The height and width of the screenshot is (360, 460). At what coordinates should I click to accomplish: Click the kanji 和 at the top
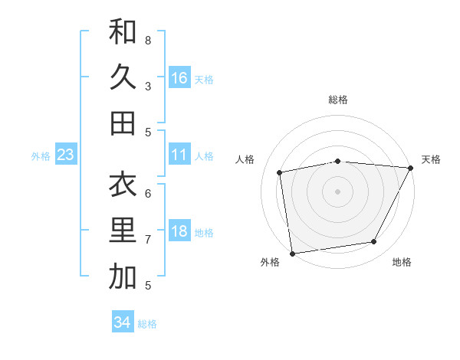pos(123,33)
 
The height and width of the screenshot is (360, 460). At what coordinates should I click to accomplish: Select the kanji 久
pos(123,77)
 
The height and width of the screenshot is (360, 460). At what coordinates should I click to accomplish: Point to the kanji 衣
pos(123,186)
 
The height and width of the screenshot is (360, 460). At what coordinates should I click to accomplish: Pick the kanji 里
pos(123,231)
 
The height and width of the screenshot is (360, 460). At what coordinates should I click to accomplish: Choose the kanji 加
pos(123,277)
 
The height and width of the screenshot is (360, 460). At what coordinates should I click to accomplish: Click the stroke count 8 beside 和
pos(148,39)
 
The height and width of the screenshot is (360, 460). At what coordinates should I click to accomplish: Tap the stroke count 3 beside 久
pos(148,86)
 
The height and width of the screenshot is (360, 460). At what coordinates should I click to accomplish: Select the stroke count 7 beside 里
pos(148,240)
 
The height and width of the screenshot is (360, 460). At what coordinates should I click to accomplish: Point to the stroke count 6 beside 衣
pos(148,193)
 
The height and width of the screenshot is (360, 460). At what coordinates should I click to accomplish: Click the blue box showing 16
pos(179,77)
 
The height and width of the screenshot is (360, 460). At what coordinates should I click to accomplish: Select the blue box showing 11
pos(179,155)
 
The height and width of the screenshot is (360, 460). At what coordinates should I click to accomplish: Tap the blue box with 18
pos(179,231)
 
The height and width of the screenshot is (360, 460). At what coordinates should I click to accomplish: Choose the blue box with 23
pos(66,155)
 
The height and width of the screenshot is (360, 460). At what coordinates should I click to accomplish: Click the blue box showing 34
pos(123,322)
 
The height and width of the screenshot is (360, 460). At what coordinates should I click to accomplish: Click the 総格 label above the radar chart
pos(338,100)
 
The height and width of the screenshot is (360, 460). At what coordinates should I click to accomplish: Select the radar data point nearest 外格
pos(292,253)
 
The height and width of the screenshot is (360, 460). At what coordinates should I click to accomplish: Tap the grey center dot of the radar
pos(338,191)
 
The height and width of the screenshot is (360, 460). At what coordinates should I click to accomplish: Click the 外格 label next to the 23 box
pos(41,155)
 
